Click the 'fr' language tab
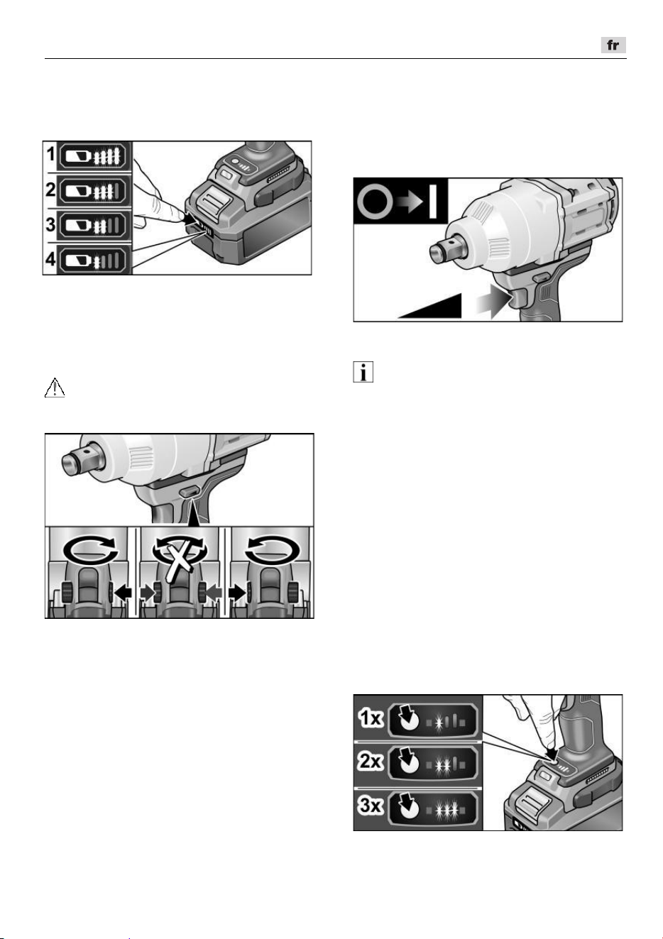pyautogui.click(x=613, y=45)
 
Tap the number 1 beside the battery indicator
pyautogui.click(x=50, y=154)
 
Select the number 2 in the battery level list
pyautogui.click(x=50, y=190)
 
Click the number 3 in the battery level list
pyautogui.click(x=50, y=224)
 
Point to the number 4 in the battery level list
pyautogui.click(x=50, y=259)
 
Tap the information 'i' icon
pyautogui.click(x=363, y=372)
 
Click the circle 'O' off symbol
pyautogui.click(x=375, y=202)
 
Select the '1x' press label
pyautogui.click(x=371, y=718)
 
